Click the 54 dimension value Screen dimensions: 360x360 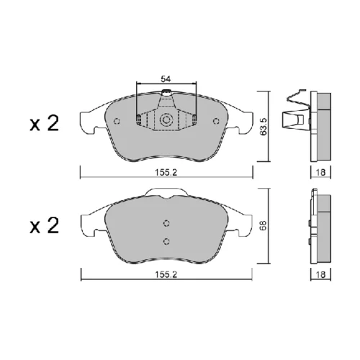tap(166, 78)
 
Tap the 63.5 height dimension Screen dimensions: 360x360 tap(264, 127)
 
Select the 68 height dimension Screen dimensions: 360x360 tap(264, 226)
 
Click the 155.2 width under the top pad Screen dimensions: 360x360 tap(166, 172)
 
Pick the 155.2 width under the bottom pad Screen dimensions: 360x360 tap(166, 274)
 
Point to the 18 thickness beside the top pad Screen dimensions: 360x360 tap(320, 172)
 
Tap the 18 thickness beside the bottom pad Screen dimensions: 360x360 tap(320, 274)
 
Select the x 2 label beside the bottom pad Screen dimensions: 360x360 tap(45, 225)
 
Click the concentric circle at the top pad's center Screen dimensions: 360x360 tap(166, 120)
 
